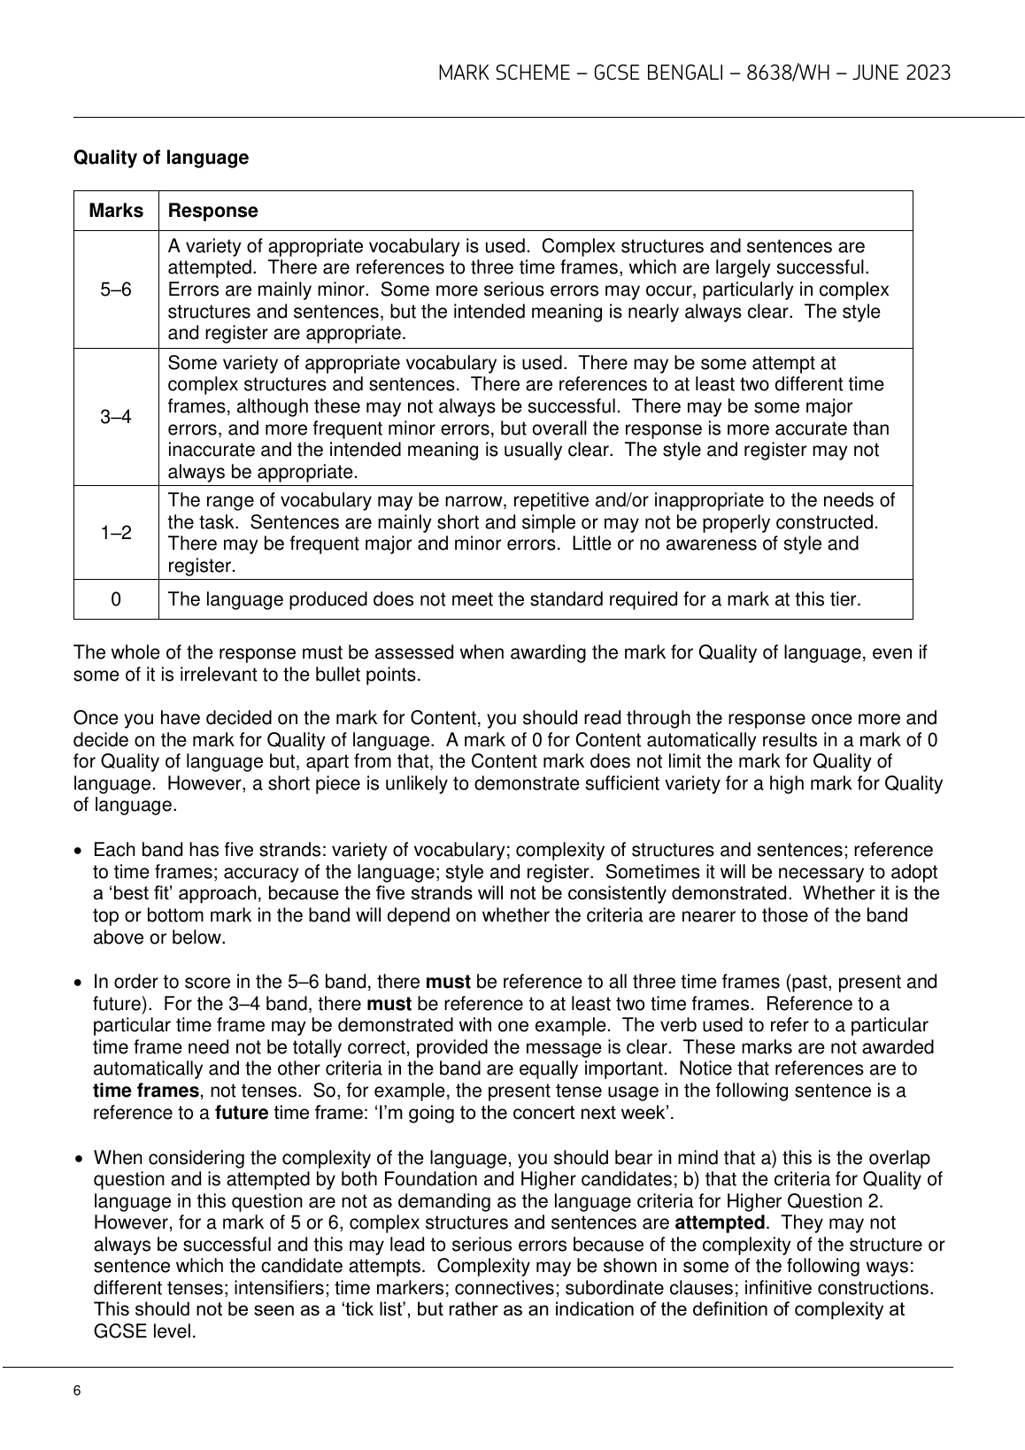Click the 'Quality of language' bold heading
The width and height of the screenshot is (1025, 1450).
[161, 158]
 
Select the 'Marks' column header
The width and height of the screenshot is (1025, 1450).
[116, 211]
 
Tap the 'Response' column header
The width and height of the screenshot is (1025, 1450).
[212, 211]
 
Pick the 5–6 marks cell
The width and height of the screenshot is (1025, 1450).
[116, 289]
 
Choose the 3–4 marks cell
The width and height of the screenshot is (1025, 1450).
[116, 417]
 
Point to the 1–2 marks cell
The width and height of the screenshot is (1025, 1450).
[116, 533]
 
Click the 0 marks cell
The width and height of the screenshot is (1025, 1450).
[116, 599]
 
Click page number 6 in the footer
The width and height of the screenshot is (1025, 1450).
[77, 1391]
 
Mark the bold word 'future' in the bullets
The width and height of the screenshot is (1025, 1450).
[242, 1113]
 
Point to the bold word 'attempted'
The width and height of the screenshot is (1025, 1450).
[720, 1222]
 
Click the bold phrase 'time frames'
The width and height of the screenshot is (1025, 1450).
[145, 1091]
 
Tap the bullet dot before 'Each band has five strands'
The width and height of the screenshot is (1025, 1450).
[81, 851]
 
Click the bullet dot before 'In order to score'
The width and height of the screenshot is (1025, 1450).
[81, 982]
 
